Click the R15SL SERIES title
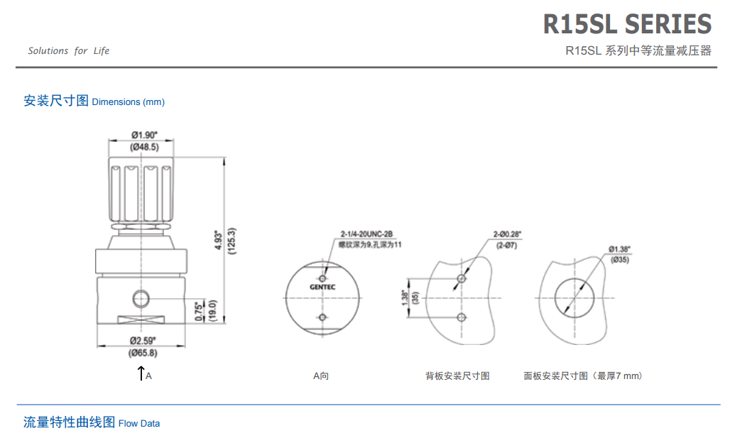[627, 25]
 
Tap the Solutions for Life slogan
[69, 51]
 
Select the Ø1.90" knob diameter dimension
[144, 135]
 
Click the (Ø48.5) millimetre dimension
[144, 147]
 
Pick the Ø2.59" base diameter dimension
[143, 341]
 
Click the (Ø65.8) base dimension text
[143, 352]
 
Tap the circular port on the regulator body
[141, 295]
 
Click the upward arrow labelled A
[141, 373]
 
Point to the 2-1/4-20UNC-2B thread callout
[366, 234]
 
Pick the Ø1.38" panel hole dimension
[619, 249]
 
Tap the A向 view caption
[321, 376]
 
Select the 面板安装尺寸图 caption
[582, 376]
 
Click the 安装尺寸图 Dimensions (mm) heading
[94, 101]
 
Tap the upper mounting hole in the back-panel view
[462, 279]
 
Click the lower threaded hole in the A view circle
[322, 316]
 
